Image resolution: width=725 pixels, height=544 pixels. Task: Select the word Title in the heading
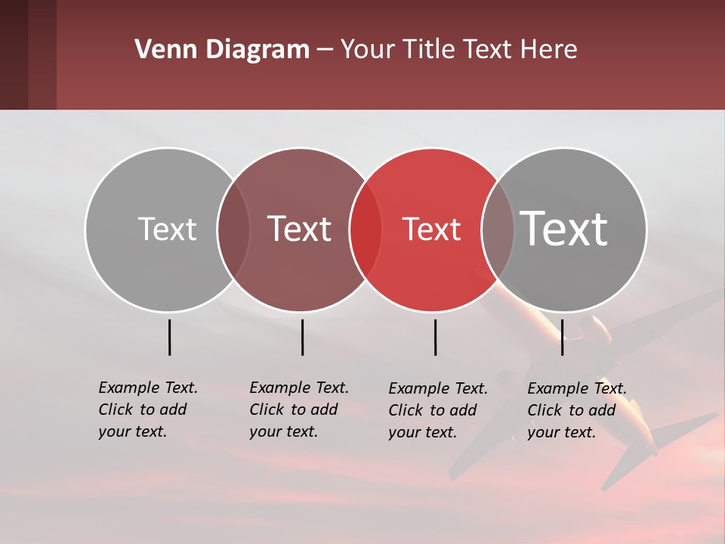(x=430, y=50)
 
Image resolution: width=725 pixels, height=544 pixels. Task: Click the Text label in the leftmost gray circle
(x=167, y=229)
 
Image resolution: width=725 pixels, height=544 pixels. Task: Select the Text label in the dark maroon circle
(x=300, y=229)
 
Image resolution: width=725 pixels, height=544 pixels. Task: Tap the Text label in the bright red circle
(x=432, y=230)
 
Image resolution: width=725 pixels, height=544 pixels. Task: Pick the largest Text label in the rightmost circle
(x=564, y=228)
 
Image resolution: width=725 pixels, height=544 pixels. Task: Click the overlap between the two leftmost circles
(x=233, y=230)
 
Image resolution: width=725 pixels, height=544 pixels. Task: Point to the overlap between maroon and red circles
(x=366, y=230)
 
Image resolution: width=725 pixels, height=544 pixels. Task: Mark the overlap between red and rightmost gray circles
(x=498, y=230)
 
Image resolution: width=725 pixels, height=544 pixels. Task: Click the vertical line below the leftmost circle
(x=169, y=337)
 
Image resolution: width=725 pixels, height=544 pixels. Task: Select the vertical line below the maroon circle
(x=302, y=337)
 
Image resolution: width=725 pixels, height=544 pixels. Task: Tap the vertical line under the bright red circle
(x=435, y=337)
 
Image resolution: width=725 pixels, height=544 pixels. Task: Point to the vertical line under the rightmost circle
(x=562, y=337)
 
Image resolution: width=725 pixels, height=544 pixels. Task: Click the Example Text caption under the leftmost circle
(x=147, y=410)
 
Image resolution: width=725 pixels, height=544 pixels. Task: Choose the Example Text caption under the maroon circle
(x=298, y=410)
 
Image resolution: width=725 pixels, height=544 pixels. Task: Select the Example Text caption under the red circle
(x=437, y=410)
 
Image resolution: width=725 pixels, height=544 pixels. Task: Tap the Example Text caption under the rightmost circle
(x=576, y=410)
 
